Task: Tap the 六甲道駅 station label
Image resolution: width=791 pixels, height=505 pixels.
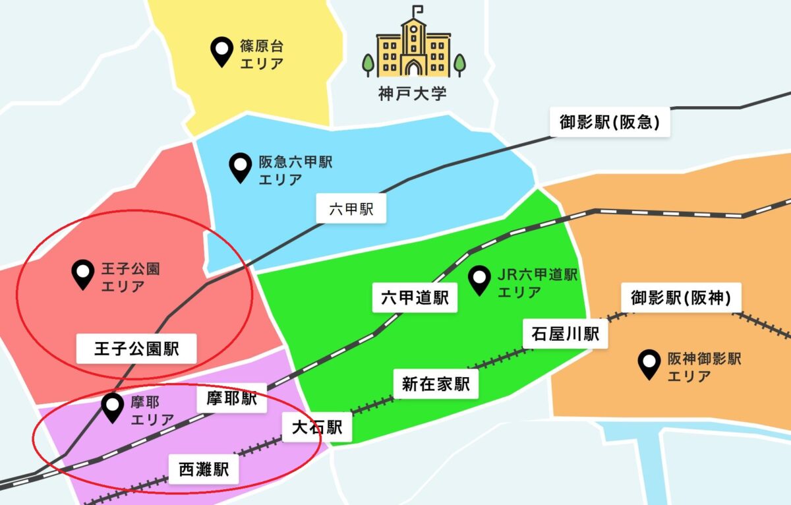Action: tap(415, 298)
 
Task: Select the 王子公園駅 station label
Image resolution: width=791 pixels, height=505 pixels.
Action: tap(137, 348)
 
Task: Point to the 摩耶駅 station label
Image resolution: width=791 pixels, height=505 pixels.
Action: tap(231, 399)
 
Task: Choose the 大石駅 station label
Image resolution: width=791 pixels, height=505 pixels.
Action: tap(317, 428)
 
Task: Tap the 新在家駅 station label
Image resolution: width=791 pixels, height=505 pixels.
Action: tap(436, 384)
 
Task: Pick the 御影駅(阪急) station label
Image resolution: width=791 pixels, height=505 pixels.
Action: tap(610, 123)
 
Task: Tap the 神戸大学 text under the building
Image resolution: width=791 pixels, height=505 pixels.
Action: tap(413, 93)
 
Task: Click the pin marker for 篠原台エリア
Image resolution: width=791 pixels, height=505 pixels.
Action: tap(221, 52)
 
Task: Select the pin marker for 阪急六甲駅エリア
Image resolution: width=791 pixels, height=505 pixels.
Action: tap(239, 168)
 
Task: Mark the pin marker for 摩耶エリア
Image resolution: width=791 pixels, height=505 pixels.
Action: tap(113, 408)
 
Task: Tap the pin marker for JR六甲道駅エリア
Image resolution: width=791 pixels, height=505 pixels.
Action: tap(479, 281)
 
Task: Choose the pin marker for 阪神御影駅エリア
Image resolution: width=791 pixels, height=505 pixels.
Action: tap(651, 365)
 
